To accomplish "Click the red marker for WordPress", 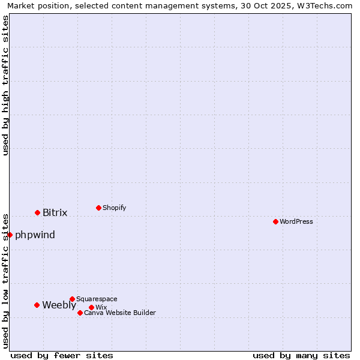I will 275,221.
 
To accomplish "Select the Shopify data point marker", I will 98,208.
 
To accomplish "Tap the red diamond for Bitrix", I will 37,212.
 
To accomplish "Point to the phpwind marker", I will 10,235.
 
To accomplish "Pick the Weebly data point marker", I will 37,305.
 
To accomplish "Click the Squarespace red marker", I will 72,299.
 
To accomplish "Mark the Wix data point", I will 91,307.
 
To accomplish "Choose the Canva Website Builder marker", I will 80,313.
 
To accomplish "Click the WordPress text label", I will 296,221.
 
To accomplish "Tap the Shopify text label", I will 115,208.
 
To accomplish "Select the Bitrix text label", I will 55,212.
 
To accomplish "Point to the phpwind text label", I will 35,235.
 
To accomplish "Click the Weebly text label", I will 59,305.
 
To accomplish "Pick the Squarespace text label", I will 97,299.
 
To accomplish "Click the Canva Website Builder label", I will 120,313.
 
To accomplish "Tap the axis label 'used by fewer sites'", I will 62,355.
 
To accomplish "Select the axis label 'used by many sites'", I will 301,355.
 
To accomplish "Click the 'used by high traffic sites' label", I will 5,85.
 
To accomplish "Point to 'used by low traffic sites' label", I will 5,281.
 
